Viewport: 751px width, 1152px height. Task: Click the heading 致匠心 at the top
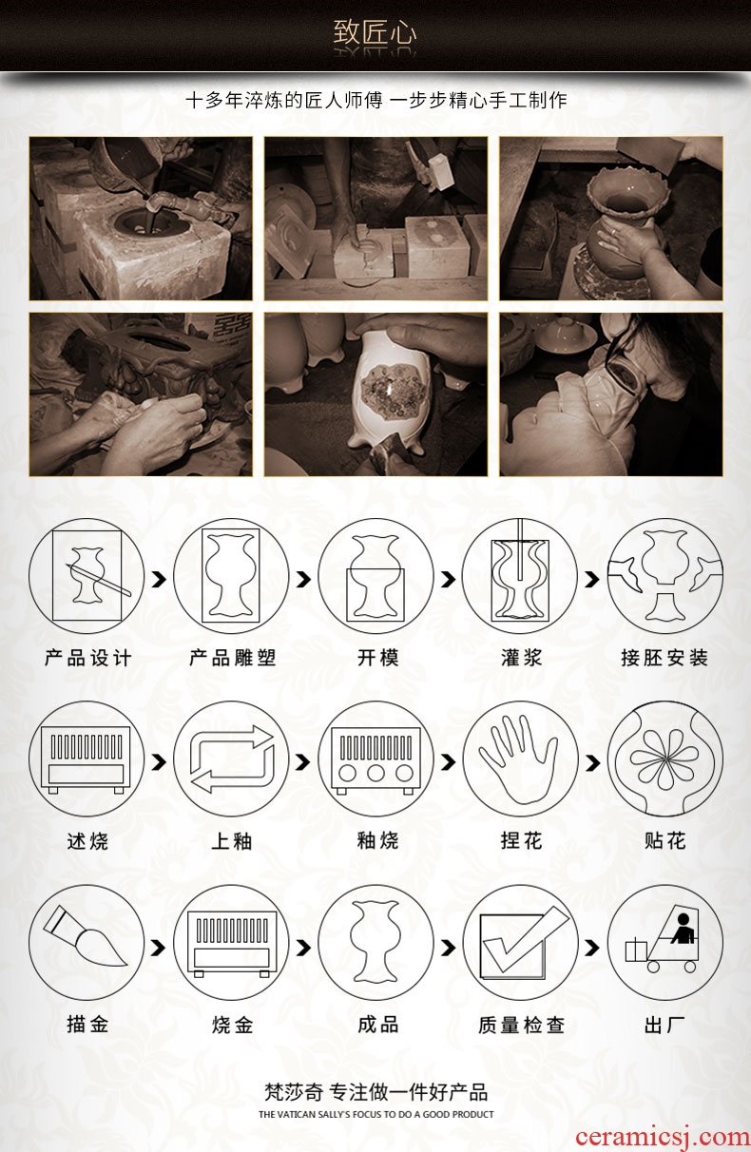(x=375, y=32)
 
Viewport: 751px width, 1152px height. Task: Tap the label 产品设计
(x=88, y=658)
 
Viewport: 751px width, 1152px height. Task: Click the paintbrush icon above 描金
(x=86, y=941)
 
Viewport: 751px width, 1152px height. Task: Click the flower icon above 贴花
(x=664, y=759)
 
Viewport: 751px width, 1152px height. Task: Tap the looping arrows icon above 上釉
(x=231, y=759)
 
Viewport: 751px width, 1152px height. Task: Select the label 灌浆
(x=522, y=658)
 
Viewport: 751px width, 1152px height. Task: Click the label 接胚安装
(x=664, y=658)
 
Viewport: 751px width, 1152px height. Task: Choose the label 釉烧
(x=378, y=841)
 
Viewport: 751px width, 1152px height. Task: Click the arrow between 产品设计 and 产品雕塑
(x=159, y=579)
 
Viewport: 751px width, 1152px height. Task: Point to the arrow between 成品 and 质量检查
(x=448, y=947)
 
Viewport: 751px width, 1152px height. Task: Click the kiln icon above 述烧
(x=87, y=759)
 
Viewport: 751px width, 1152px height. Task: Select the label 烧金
(x=233, y=1025)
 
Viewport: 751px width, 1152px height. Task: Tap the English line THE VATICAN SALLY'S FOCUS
(x=376, y=1115)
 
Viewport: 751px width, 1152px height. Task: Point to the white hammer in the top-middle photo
(x=440, y=171)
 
